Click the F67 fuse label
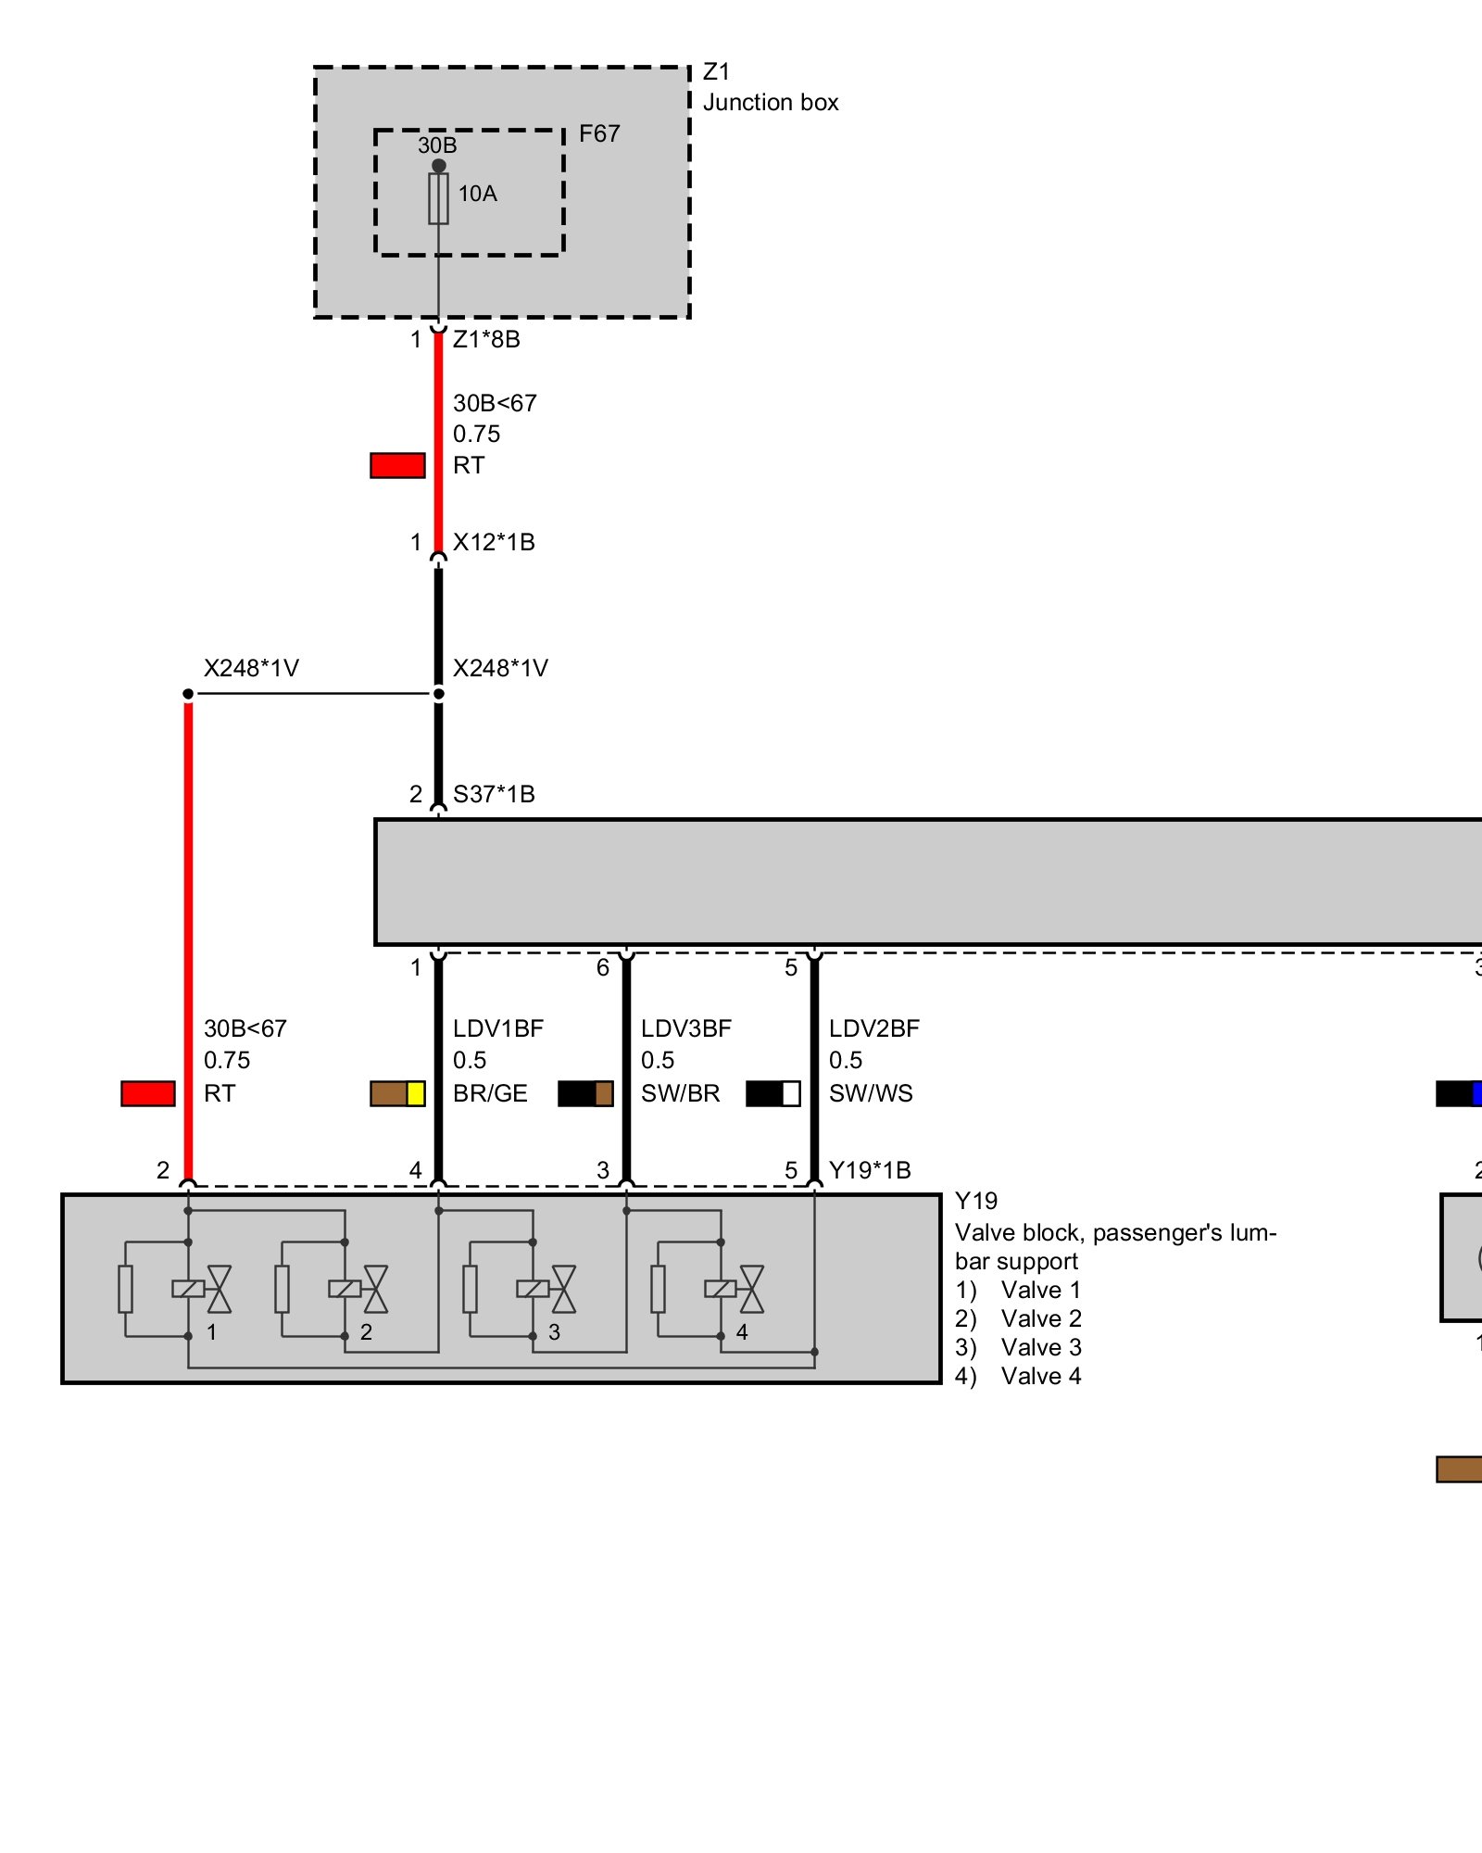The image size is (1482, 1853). click(598, 134)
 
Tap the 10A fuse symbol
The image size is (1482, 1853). click(438, 198)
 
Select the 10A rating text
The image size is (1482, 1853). click(477, 194)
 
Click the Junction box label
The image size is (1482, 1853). click(770, 102)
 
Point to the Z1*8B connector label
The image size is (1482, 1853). click(486, 339)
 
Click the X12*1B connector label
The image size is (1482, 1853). click(494, 542)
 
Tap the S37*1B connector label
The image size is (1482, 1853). click(494, 794)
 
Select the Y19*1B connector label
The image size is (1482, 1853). click(870, 1170)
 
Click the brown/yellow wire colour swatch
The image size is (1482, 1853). click(397, 1093)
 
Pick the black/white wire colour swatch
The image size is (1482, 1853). click(772, 1093)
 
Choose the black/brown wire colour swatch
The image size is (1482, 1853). click(585, 1093)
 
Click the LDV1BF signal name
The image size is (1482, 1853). click(498, 1028)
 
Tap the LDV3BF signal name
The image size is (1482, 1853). click(686, 1028)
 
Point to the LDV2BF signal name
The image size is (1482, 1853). click(874, 1028)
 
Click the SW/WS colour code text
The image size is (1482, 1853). click(871, 1093)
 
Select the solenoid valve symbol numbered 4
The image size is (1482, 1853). click(735, 1289)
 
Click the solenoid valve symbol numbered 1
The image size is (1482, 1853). click(202, 1289)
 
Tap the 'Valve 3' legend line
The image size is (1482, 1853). click(1018, 1347)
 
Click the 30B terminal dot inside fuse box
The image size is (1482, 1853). click(438, 166)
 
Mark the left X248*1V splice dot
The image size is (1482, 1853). click(188, 694)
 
